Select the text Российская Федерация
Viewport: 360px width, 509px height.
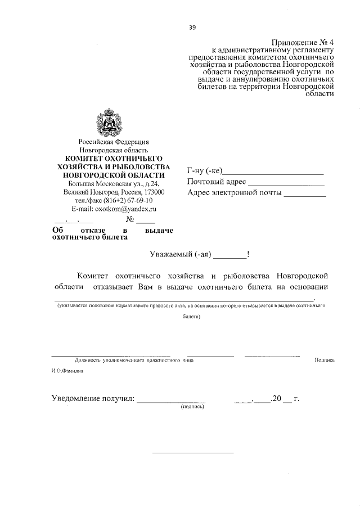(113, 142)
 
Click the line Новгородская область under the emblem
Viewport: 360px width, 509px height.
(113, 151)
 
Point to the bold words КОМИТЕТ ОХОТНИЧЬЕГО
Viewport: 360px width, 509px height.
(113, 159)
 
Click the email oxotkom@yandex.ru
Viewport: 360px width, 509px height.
(125, 208)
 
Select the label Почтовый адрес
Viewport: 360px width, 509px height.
(216, 182)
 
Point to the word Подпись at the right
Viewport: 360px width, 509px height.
(325, 360)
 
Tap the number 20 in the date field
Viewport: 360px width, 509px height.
(275, 399)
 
